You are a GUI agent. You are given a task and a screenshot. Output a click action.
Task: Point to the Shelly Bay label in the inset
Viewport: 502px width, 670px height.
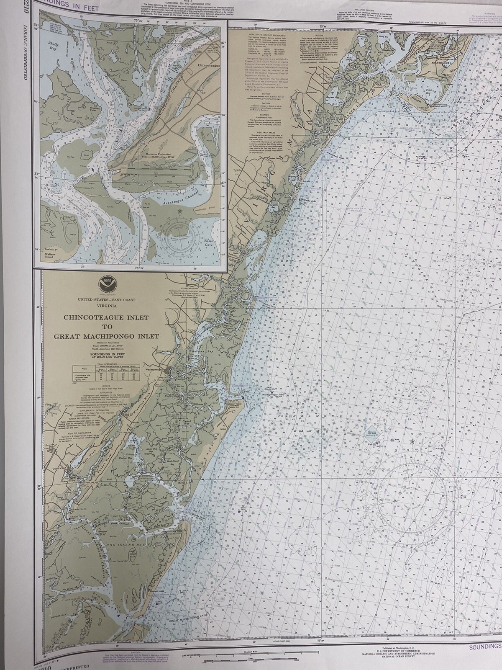tap(53, 45)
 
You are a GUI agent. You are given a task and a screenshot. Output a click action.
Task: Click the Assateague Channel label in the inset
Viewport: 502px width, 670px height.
tap(182, 197)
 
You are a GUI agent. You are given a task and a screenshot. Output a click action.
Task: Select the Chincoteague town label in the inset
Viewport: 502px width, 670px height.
tap(208, 66)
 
